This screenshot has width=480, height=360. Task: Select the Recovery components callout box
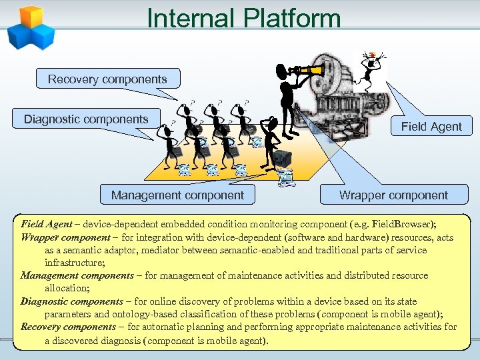[107, 79]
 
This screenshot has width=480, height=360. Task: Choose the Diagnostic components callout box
[86, 119]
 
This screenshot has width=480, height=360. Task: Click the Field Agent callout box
[431, 127]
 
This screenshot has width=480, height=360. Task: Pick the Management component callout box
[177, 195]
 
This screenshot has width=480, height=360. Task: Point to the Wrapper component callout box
[393, 195]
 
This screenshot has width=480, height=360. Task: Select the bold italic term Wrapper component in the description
[64, 237]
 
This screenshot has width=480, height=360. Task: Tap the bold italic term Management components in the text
[77, 275]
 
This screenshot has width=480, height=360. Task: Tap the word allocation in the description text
[66, 288]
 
